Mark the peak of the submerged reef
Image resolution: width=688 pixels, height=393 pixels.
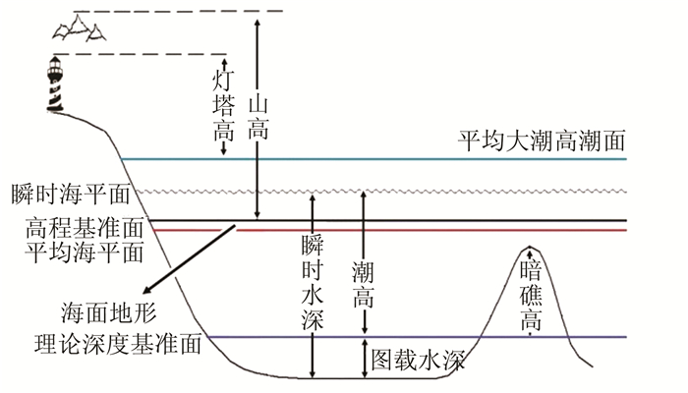tap(531, 247)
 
